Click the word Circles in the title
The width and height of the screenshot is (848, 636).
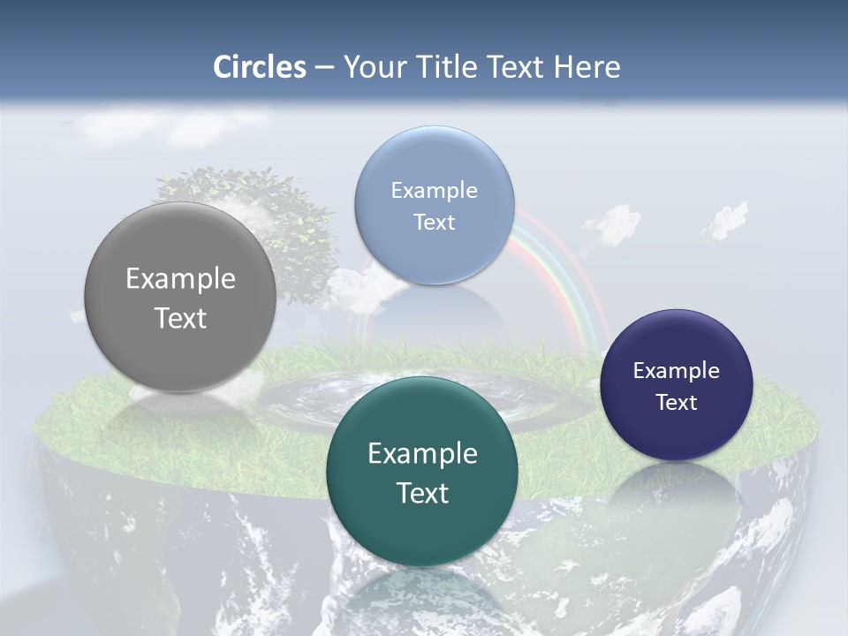pos(260,67)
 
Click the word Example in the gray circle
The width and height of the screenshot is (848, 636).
pos(180,279)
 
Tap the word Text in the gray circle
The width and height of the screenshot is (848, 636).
pos(180,318)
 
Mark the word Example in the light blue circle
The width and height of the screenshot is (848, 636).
pos(434,191)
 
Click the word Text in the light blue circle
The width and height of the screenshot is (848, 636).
pos(434,223)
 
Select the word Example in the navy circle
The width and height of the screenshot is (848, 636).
pos(677,371)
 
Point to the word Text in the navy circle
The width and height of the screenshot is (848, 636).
pos(677,403)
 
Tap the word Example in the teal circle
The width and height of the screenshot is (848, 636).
pos(422,454)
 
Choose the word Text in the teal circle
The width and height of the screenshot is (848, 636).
pos(422,493)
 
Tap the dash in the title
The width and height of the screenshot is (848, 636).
pos(325,67)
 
